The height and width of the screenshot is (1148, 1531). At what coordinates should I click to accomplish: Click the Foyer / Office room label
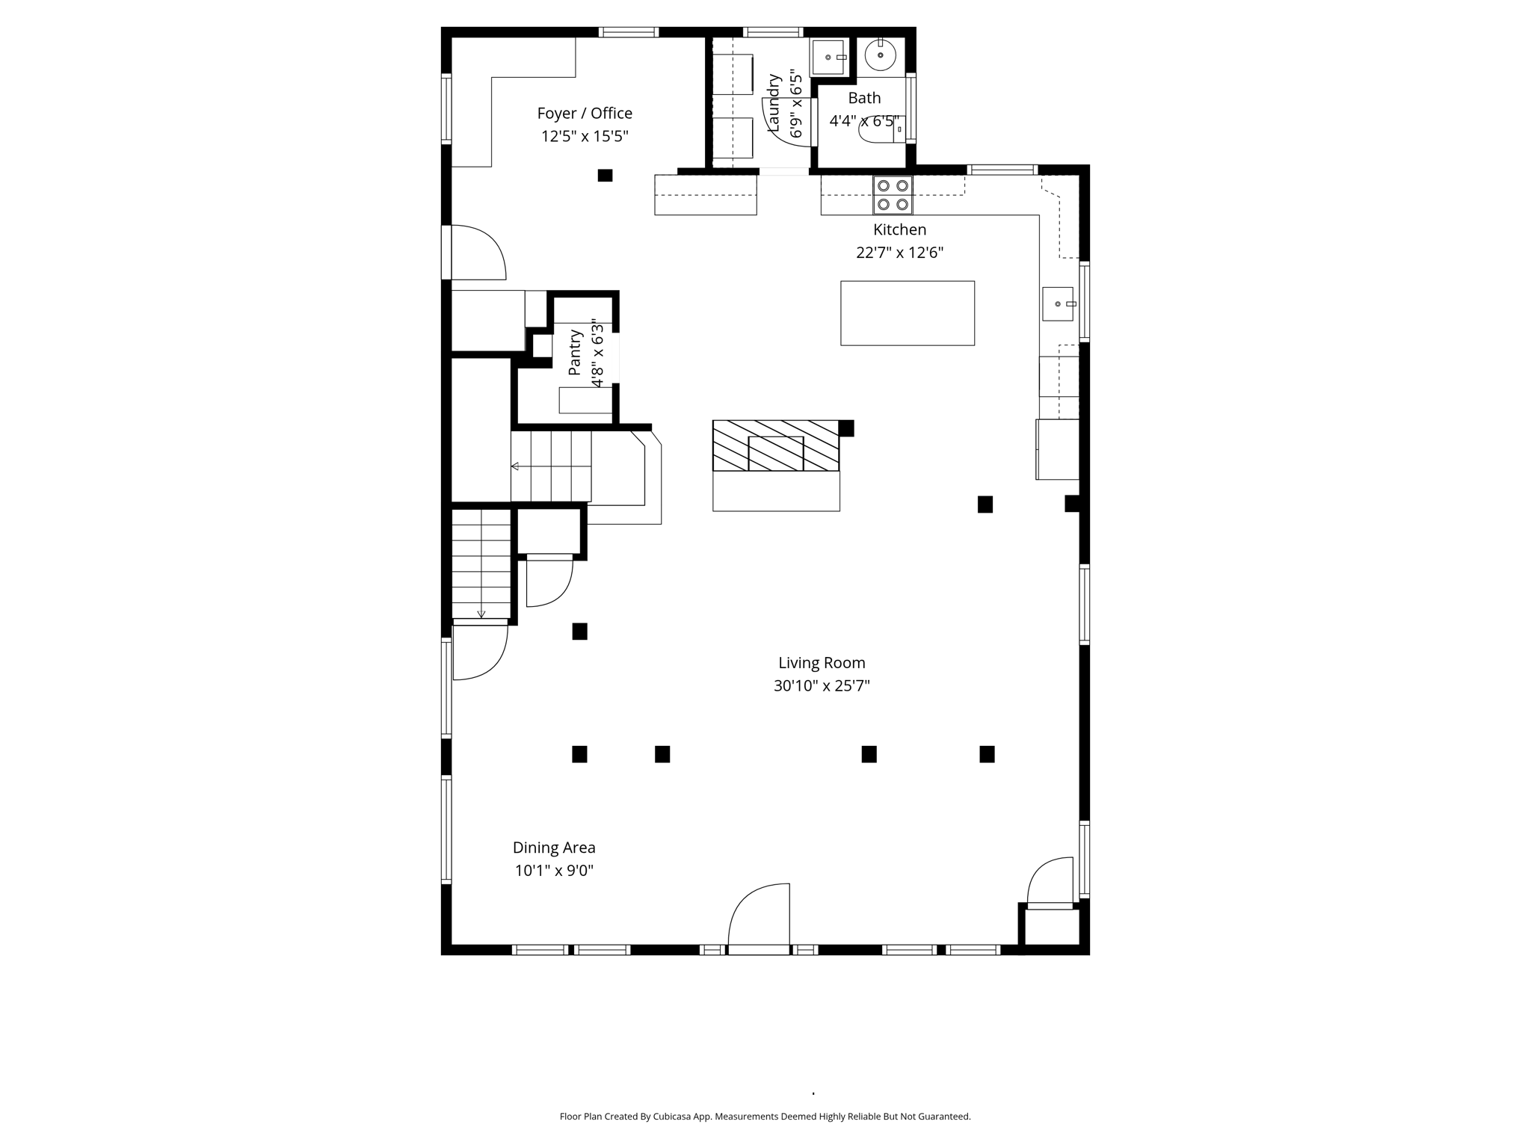584,114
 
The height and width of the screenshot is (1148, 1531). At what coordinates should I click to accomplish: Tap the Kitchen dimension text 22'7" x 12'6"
899,253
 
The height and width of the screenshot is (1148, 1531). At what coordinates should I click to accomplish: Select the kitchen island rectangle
907,313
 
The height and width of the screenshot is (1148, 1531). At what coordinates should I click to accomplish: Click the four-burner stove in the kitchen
893,195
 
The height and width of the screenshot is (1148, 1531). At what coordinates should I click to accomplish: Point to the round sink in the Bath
880,55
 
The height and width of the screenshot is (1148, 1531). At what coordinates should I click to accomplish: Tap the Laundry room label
774,103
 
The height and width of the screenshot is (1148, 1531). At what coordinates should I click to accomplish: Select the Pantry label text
574,353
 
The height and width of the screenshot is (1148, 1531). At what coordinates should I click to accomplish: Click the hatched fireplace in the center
776,446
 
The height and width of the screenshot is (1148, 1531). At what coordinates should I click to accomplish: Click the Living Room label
821,663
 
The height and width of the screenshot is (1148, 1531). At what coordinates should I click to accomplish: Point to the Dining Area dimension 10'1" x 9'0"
554,871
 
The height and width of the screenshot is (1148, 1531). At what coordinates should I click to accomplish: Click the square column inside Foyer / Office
605,176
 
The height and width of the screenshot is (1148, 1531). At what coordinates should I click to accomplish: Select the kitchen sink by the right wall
1058,304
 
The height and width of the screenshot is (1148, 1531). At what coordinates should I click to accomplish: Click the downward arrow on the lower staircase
481,612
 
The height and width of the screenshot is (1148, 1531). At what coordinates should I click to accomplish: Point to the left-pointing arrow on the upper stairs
515,466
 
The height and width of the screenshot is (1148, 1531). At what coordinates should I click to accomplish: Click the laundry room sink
828,58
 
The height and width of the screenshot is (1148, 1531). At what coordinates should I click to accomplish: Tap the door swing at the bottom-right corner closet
1049,883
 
